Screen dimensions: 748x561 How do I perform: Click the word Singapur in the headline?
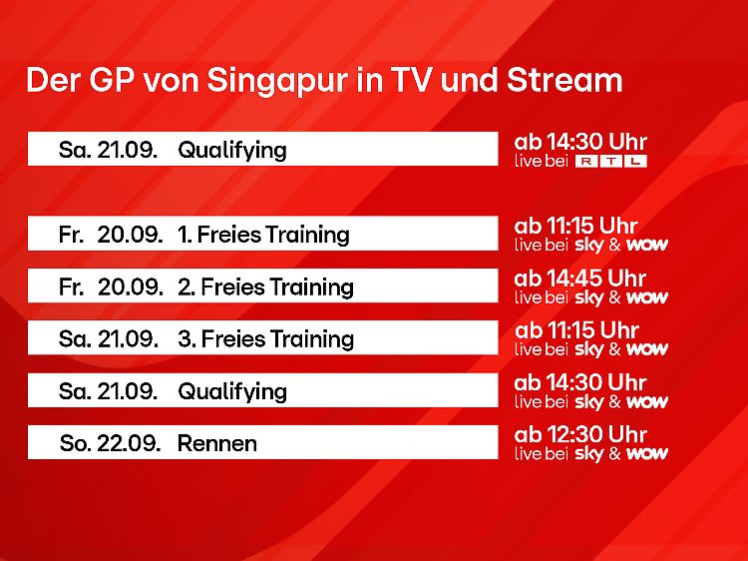pyautogui.click(x=277, y=82)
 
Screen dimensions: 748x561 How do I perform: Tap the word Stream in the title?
pyautogui.click(x=564, y=80)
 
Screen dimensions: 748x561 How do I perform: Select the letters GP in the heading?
pyautogui.click(x=111, y=80)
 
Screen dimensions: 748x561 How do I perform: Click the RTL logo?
pyautogui.click(x=611, y=162)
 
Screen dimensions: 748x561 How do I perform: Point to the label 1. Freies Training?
pyautogui.click(x=263, y=235)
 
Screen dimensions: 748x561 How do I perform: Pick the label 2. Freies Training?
pyautogui.click(x=265, y=286)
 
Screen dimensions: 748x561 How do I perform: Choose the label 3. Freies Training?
pyautogui.click(x=265, y=339)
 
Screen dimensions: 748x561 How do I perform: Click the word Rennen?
pyautogui.click(x=217, y=443)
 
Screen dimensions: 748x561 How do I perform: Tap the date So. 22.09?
pyautogui.click(x=110, y=443)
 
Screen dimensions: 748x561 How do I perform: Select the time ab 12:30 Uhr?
pyautogui.click(x=580, y=434)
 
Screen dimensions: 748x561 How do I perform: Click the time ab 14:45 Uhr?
pyautogui.click(x=580, y=279)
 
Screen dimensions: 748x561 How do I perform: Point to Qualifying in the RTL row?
pyautogui.click(x=232, y=151)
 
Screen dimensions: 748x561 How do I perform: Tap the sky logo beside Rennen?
pyautogui.click(x=589, y=454)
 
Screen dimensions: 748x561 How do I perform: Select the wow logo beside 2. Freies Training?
pyautogui.click(x=647, y=297)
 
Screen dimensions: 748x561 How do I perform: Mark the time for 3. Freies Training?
pyautogui.click(x=576, y=330)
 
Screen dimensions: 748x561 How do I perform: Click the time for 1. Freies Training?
pyautogui.click(x=576, y=226)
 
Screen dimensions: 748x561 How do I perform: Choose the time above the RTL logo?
pyautogui.click(x=580, y=142)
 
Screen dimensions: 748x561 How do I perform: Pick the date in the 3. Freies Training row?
pyautogui.click(x=109, y=339)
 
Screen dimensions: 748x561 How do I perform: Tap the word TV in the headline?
pyautogui.click(x=410, y=80)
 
